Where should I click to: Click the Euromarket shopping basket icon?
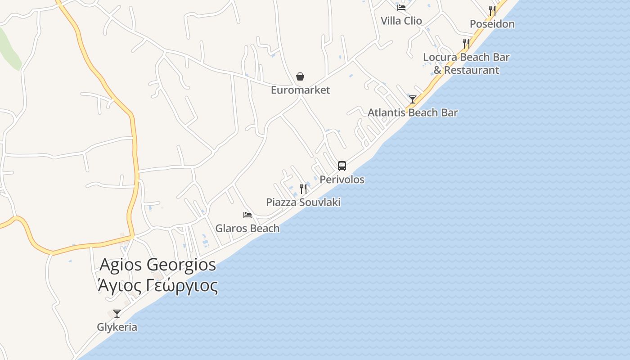[x=300, y=77]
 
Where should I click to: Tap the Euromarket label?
[x=300, y=90]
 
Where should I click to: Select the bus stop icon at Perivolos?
[x=342, y=166]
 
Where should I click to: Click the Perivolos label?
[x=342, y=179]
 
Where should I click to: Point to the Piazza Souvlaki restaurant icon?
[x=303, y=189]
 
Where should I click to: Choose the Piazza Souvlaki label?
[x=303, y=202]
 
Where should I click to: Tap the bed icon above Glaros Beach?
[x=247, y=215]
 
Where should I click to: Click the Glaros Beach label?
[x=247, y=228]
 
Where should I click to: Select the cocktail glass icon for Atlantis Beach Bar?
[x=413, y=99]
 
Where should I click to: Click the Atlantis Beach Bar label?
[x=413, y=112]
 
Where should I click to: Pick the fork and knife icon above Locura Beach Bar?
[x=466, y=44]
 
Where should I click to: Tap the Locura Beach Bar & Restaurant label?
[x=466, y=63]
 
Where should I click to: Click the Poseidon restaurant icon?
[x=492, y=11]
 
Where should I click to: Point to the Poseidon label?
[x=492, y=24]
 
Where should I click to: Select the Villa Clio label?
[x=401, y=21]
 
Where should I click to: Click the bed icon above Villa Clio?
[x=401, y=7]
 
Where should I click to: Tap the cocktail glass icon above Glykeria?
[x=117, y=314]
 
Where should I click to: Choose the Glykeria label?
[x=117, y=327]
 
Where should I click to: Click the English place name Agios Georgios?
[x=157, y=265]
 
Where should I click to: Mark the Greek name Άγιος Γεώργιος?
[x=157, y=285]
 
